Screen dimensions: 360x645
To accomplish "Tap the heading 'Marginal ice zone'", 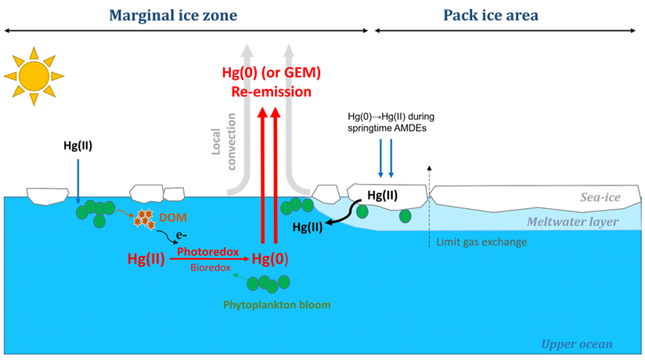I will [x=173, y=15].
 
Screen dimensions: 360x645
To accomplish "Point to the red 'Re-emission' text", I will [x=271, y=92].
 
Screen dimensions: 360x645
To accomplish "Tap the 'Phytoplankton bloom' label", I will [x=266, y=301].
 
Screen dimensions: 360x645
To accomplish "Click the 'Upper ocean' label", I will [x=575, y=344].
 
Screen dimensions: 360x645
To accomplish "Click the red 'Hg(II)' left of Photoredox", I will [x=146, y=259].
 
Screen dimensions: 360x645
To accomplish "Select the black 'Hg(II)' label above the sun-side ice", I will [x=78, y=145].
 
